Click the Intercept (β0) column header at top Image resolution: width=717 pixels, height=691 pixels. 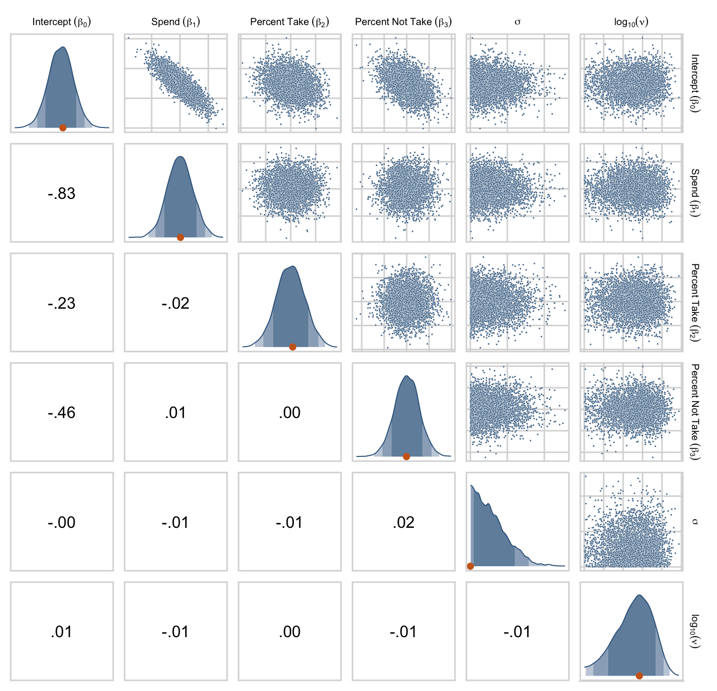click(x=61, y=22)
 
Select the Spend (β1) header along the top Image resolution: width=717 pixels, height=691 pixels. click(x=176, y=22)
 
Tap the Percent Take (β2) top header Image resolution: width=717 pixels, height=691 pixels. click(x=290, y=22)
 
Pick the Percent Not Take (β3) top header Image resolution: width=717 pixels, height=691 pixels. click(x=403, y=22)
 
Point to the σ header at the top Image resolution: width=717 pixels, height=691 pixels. click(x=517, y=22)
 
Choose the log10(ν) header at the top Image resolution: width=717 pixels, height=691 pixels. click(x=631, y=22)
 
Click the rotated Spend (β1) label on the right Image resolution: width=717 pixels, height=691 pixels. click(x=695, y=192)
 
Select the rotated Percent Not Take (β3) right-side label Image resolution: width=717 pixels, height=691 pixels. click(x=695, y=412)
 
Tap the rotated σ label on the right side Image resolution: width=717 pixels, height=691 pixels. click(x=695, y=521)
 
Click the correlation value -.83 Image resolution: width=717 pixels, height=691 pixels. click(x=61, y=194)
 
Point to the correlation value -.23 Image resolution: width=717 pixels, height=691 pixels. click(x=61, y=303)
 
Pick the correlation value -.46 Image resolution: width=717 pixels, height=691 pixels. click(x=61, y=413)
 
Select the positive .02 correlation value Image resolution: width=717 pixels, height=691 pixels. click(x=403, y=523)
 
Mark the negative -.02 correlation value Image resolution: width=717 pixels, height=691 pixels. click(x=176, y=303)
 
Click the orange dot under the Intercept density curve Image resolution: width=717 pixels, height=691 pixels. click(x=62, y=127)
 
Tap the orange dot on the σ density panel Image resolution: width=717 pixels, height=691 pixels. click(x=471, y=566)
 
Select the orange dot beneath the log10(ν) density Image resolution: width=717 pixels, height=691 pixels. click(x=639, y=676)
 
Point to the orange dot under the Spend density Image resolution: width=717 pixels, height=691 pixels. click(x=180, y=237)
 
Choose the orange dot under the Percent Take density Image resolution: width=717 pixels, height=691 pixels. click(x=292, y=347)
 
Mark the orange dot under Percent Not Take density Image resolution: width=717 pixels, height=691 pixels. click(x=407, y=456)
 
